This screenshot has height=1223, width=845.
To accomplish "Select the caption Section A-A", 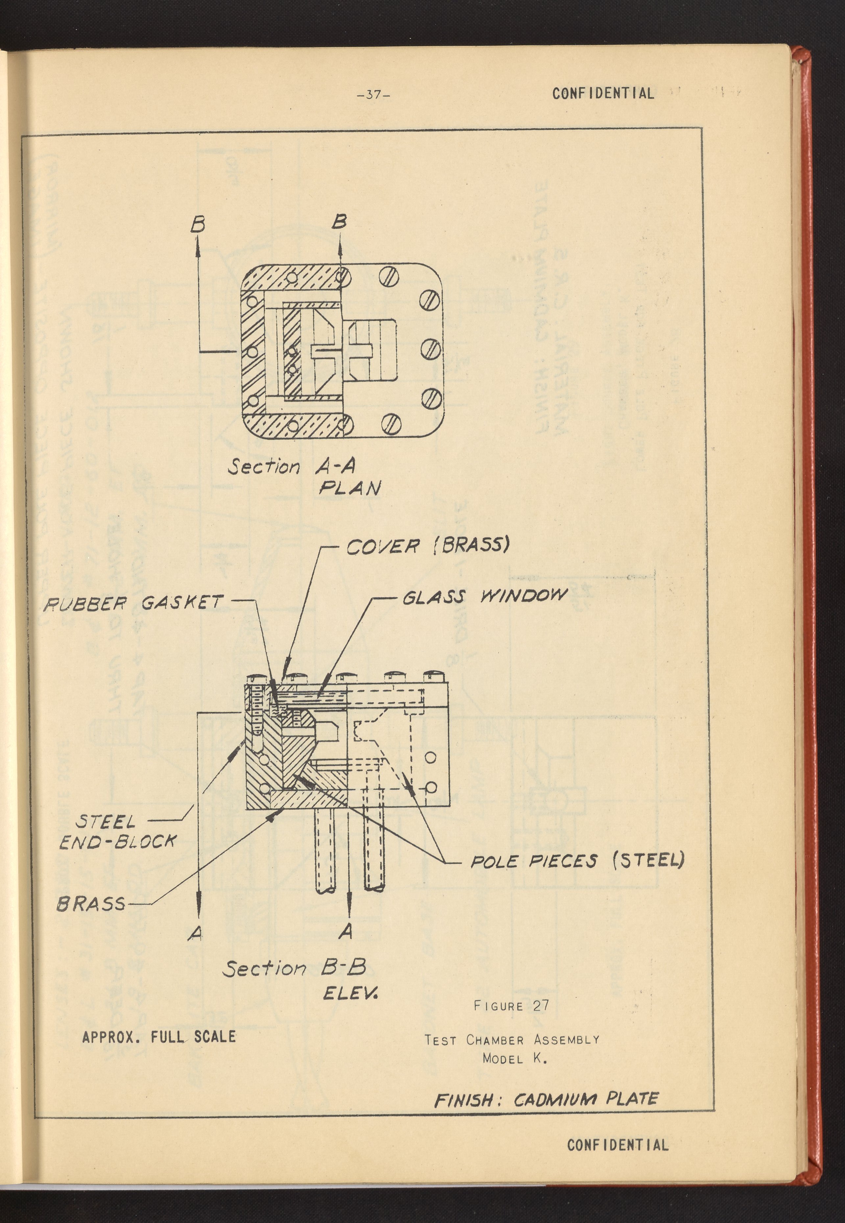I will point(291,467).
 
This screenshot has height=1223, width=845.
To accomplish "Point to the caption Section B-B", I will point(294,968).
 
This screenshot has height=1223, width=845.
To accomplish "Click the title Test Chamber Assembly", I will point(512,1040).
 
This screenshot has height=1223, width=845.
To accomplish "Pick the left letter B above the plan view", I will point(198,226).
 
